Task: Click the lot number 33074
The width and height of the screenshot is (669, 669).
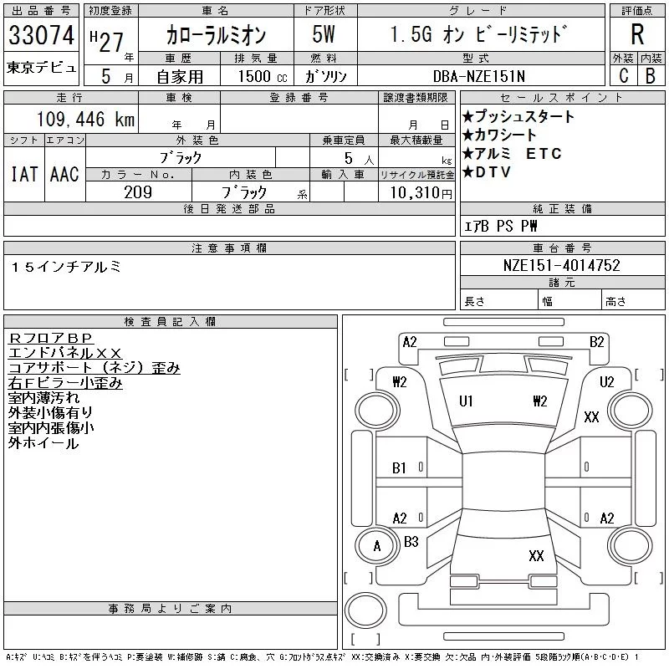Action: pyautogui.click(x=41, y=35)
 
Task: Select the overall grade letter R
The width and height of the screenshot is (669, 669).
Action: pyautogui.click(x=637, y=34)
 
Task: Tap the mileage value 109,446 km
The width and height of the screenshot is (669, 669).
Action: pyautogui.click(x=85, y=119)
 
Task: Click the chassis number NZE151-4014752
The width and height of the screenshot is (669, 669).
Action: pyautogui.click(x=561, y=265)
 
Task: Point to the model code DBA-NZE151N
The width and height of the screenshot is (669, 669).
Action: pyautogui.click(x=478, y=76)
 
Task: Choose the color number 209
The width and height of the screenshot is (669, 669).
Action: pyautogui.click(x=138, y=192)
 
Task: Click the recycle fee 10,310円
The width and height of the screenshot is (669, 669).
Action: pyautogui.click(x=421, y=193)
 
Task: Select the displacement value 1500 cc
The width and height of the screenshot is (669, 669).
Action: pyautogui.click(x=263, y=76)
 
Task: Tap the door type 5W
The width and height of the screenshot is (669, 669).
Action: pyautogui.click(x=324, y=34)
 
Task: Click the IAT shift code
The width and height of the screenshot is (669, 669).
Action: pyautogui.click(x=24, y=174)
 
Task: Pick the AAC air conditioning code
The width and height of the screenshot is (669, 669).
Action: pyautogui.click(x=64, y=174)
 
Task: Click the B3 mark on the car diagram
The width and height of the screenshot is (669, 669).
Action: pyautogui.click(x=411, y=542)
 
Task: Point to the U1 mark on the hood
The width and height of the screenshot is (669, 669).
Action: pyautogui.click(x=466, y=401)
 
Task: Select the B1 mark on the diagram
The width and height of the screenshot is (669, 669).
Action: pyautogui.click(x=400, y=468)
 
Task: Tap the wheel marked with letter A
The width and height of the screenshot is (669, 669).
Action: pyautogui.click(x=377, y=546)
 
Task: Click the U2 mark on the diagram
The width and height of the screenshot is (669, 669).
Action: pyautogui.click(x=607, y=381)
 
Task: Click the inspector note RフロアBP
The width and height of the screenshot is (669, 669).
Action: pyautogui.click(x=50, y=338)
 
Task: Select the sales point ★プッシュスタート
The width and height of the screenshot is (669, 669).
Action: pyautogui.click(x=518, y=116)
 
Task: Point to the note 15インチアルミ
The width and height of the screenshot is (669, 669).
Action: pyautogui.click(x=67, y=267)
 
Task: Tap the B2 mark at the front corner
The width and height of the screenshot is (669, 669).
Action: pyautogui.click(x=597, y=342)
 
